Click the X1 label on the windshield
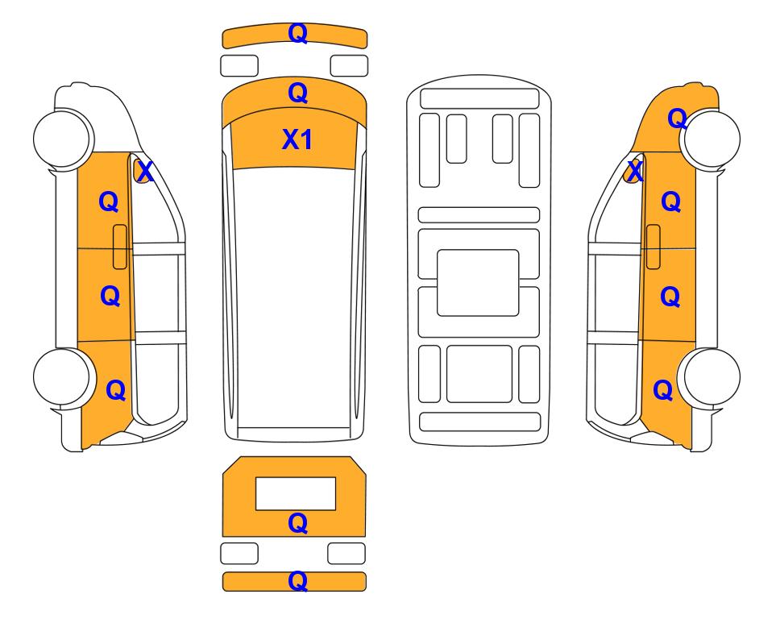[x=297, y=139]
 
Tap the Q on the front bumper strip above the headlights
[x=298, y=33]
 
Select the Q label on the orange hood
[x=298, y=93]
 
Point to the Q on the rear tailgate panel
[x=298, y=523]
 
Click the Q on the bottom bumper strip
[x=298, y=581]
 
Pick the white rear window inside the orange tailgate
[x=296, y=494]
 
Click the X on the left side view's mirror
[x=145, y=172]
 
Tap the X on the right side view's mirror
[x=634, y=172]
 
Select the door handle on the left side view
[x=120, y=247]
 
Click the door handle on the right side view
[x=654, y=247]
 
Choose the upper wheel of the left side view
[x=64, y=138]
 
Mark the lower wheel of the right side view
[x=710, y=377]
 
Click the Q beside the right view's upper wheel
[x=678, y=118]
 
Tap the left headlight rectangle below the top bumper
[x=239, y=66]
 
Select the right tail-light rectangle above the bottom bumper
[x=347, y=553]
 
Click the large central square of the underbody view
[x=478, y=283]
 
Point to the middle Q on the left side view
[x=110, y=296]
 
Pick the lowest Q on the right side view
[x=663, y=390]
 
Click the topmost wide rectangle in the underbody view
[x=479, y=98]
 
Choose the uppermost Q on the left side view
[x=109, y=202]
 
